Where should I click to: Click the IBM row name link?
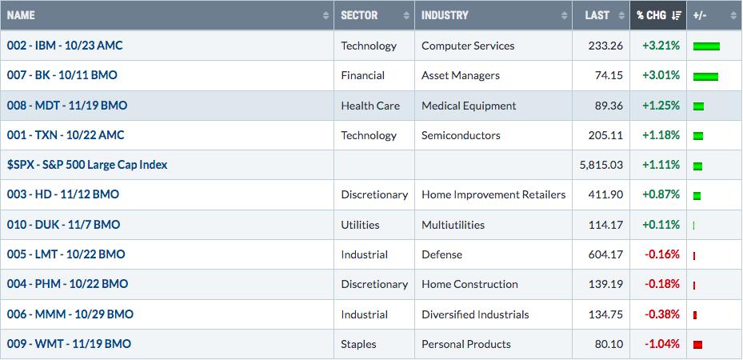(65, 46)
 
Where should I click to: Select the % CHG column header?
(658, 15)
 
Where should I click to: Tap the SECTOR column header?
(359, 15)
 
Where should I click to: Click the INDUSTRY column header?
(445, 15)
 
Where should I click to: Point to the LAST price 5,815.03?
(601, 165)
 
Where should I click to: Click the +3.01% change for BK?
(661, 75)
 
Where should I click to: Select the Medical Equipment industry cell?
(469, 106)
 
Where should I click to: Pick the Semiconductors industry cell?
(461, 135)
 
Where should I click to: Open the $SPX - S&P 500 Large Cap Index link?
(87, 165)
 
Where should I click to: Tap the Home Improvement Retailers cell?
(493, 194)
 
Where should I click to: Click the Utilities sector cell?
(360, 225)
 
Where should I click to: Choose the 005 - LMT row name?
(66, 254)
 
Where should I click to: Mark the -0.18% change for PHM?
(662, 284)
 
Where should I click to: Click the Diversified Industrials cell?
(475, 314)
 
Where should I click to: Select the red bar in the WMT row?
(697, 345)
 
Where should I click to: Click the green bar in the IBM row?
(706, 46)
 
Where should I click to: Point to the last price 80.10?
(610, 344)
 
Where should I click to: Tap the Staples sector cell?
(358, 344)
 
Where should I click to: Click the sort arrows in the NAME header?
(326, 16)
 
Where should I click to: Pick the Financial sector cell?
(362, 75)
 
